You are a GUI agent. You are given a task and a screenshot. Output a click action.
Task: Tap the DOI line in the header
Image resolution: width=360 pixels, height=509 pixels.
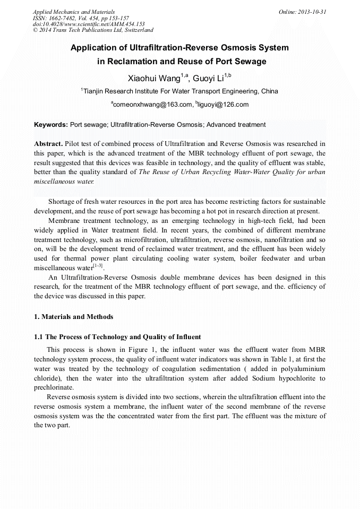89,24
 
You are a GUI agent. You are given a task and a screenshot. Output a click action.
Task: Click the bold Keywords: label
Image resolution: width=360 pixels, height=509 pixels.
51,125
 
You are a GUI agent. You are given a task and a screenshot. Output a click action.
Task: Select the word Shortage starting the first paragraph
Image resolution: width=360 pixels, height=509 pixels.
63,202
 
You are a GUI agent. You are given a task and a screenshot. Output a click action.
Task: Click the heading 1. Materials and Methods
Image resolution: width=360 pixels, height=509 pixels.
73,317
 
